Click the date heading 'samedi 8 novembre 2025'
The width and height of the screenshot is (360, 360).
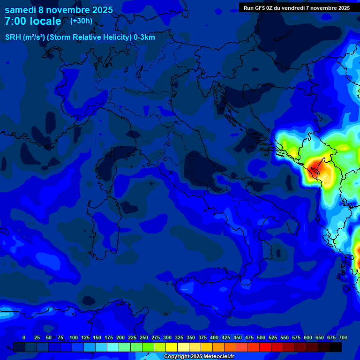click(59, 10)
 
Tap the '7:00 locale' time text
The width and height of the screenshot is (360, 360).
click(33, 21)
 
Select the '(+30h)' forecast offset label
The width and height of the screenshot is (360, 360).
click(81, 21)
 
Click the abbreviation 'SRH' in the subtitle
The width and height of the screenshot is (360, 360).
click(13, 37)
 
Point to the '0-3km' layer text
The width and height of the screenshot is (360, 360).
click(144, 37)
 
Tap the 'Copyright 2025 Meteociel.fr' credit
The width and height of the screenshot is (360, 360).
click(199, 357)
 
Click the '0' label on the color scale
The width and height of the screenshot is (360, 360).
click(24, 337)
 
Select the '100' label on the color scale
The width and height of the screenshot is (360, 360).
click(74, 337)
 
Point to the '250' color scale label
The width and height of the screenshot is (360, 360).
click(144, 337)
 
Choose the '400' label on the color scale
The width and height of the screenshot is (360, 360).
click(214, 337)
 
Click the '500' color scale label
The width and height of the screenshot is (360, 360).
click(261, 337)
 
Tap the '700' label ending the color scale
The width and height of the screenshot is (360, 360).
click(343, 337)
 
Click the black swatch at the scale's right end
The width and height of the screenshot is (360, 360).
click(336, 347)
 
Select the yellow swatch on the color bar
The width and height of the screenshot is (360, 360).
click(172, 347)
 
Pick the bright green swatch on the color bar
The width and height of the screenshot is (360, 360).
click(136, 347)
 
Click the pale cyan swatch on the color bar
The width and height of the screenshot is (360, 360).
click(113, 347)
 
